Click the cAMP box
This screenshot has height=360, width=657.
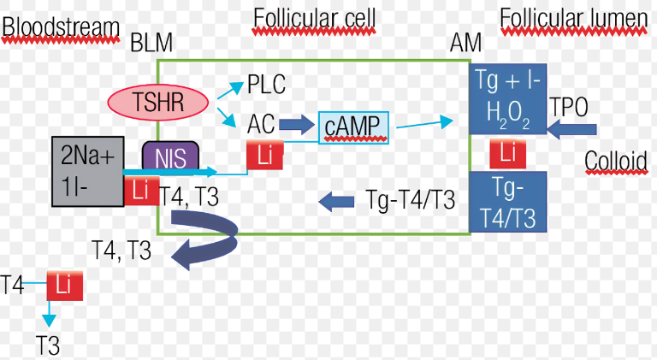coord(353,127)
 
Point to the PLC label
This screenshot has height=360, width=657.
coord(266,85)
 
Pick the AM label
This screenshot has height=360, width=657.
coord(465,42)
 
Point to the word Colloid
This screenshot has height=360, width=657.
coord(615,161)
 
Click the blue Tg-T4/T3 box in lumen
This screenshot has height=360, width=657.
coord(509,203)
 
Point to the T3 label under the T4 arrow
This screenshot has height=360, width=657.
coord(47,345)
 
